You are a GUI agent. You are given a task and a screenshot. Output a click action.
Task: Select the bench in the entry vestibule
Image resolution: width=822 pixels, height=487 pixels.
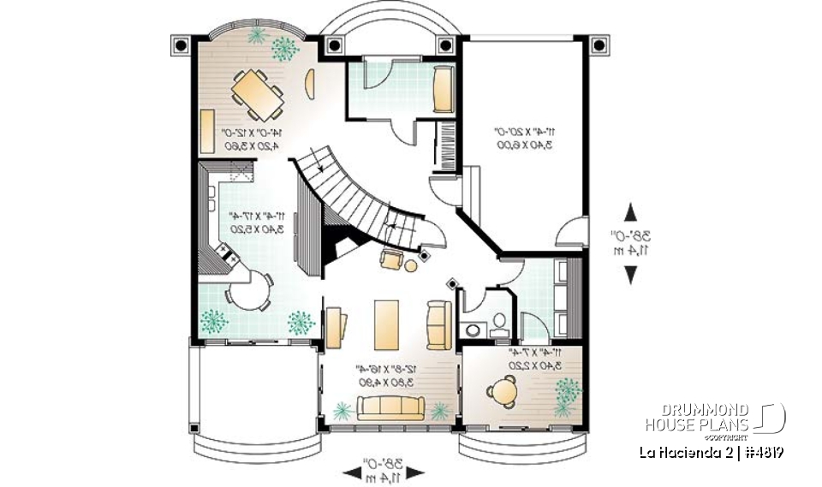(x=443, y=90)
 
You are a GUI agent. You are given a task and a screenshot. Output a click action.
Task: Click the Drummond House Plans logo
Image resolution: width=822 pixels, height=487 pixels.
(x=714, y=418)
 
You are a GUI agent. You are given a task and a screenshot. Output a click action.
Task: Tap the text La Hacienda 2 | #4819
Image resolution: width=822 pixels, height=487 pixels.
(x=713, y=451)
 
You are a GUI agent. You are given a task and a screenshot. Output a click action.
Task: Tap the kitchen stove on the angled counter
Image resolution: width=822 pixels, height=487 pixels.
(x=227, y=252)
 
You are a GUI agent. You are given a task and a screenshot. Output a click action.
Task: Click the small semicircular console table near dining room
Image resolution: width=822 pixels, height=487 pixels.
(x=310, y=84)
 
